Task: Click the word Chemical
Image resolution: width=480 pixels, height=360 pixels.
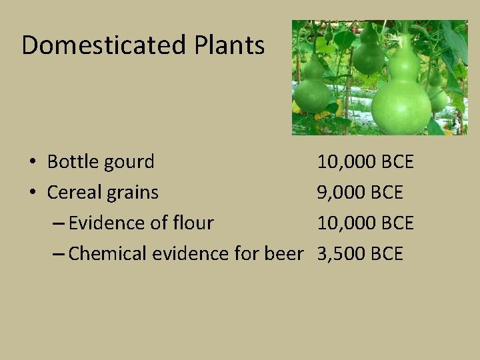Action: (108, 253)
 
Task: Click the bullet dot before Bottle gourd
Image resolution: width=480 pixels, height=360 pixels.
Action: (32, 162)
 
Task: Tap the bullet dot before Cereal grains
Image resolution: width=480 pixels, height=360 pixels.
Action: (32, 193)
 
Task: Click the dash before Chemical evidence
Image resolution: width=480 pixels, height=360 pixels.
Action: (58, 254)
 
